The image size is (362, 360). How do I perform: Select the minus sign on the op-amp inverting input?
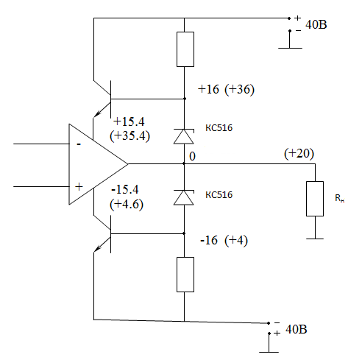tap(79, 144)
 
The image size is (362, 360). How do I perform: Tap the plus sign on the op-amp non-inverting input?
tap(79, 187)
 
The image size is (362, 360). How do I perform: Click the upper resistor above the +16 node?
tap(185, 49)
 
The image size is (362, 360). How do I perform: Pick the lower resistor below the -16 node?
tap(185, 275)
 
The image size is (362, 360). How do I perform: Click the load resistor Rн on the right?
tap(315, 199)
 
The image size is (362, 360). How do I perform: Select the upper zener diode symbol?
tap(184, 136)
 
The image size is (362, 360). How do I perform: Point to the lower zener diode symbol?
tap(184, 197)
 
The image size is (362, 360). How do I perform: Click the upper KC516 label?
tap(219, 128)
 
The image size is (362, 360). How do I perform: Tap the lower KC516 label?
tap(219, 195)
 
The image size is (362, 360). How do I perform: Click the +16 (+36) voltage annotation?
tap(226, 89)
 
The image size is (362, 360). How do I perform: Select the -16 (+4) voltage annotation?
tap(224, 240)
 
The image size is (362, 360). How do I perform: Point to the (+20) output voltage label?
tap(299, 154)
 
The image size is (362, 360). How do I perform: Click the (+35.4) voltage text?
tap(129, 135)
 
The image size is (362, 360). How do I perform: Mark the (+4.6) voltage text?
tap(127, 204)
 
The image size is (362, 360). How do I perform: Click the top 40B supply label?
tap(316, 25)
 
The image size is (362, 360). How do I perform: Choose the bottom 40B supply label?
tap(297, 329)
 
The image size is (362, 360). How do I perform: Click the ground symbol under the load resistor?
tap(315, 239)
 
